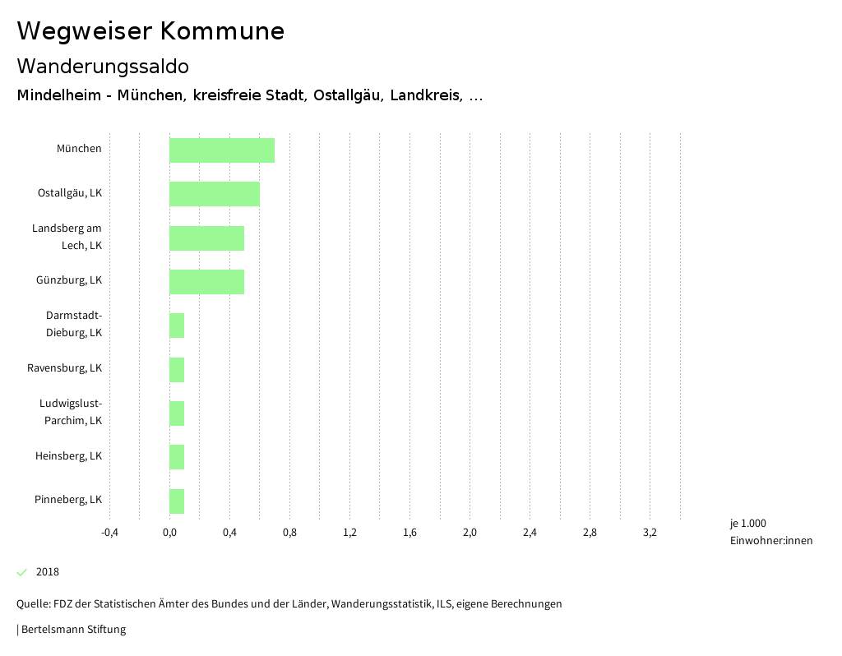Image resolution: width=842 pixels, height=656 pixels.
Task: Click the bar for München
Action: coord(222,150)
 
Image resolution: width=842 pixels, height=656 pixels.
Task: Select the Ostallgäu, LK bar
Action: coord(215,194)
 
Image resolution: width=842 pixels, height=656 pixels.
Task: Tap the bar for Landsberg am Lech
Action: coord(207,238)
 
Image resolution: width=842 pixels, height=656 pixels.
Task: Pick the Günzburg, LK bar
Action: coord(207,281)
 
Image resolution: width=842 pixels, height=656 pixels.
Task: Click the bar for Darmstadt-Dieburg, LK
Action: coord(177,326)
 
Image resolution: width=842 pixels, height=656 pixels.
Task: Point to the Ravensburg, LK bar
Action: coord(177,369)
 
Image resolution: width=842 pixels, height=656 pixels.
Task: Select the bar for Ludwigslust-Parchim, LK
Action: coord(177,413)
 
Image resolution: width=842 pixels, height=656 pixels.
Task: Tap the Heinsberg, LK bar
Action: coord(177,457)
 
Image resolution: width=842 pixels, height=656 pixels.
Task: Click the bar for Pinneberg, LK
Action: coord(177,501)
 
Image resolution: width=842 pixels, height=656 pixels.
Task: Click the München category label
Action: coord(79,149)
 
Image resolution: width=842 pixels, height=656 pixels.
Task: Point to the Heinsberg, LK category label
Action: coord(68,456)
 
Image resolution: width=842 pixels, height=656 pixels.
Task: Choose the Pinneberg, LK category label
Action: coord(68,500)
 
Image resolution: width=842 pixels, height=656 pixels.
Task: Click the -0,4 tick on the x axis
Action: coord(109,533)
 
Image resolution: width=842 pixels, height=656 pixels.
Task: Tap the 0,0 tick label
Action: coord(169,533)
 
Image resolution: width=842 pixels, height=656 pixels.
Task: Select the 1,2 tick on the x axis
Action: coord(349,533)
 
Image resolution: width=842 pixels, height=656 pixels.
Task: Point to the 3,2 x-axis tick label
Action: coord(650,533)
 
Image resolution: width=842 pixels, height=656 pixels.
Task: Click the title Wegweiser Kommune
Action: coord(150,31)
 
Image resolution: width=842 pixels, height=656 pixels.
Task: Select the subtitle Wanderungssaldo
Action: coord(103,66)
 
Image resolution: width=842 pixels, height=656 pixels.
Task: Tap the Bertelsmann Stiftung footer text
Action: coord(72,630)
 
